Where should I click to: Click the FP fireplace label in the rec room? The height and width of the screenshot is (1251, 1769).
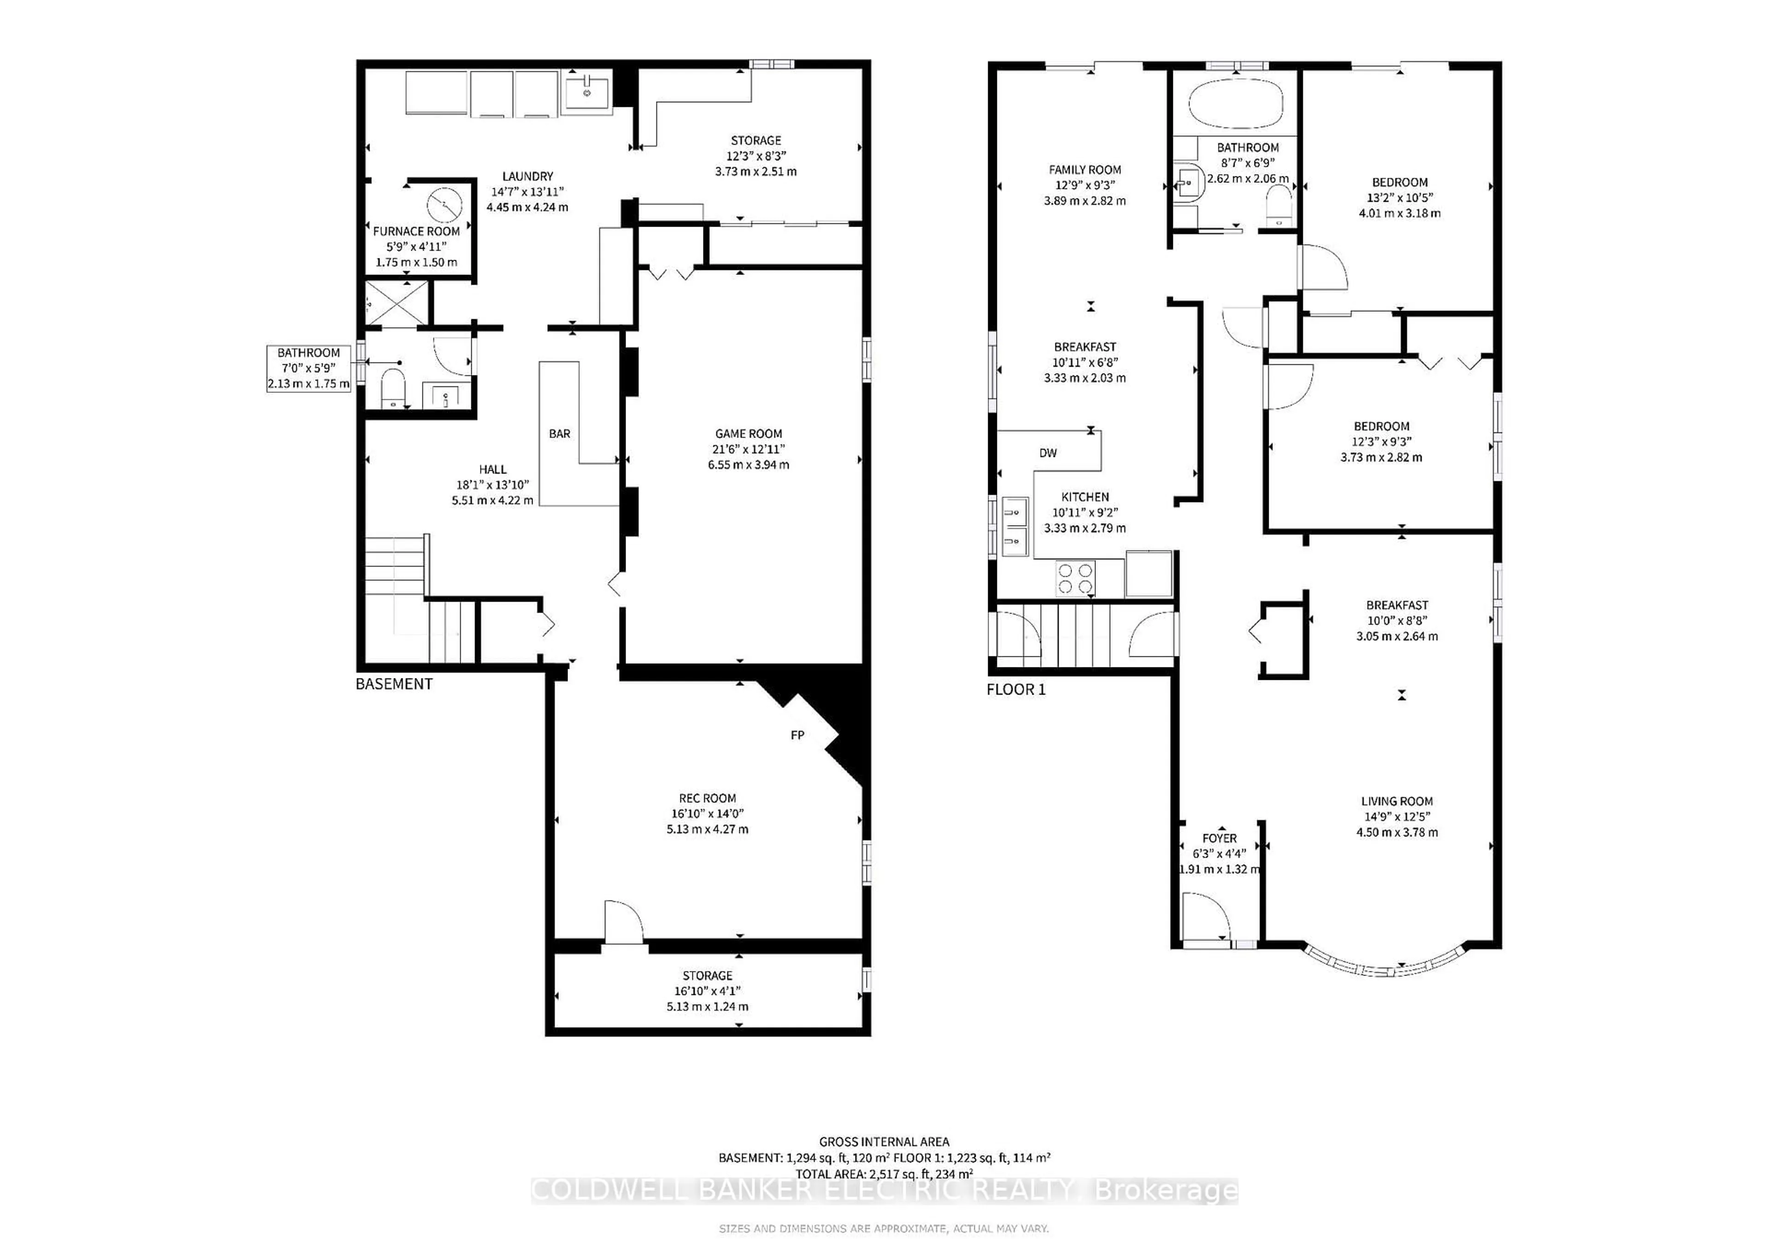(797, 736)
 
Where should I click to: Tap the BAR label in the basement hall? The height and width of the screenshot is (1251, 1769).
(559, 434)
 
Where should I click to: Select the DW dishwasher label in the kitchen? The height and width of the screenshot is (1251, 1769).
(1048, 453)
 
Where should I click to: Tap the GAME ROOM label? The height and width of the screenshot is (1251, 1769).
(748, 434)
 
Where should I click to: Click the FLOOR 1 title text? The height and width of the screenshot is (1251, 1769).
(1016, 690)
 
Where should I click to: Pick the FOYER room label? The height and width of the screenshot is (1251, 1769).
(1220, 838)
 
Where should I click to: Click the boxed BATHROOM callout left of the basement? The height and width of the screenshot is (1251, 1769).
(308, 368)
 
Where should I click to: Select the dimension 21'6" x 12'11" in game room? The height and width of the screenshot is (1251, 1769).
(748, 449)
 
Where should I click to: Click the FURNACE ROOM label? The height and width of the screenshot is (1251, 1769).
(416, 231)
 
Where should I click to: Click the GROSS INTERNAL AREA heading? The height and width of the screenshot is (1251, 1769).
(884, 1142)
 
